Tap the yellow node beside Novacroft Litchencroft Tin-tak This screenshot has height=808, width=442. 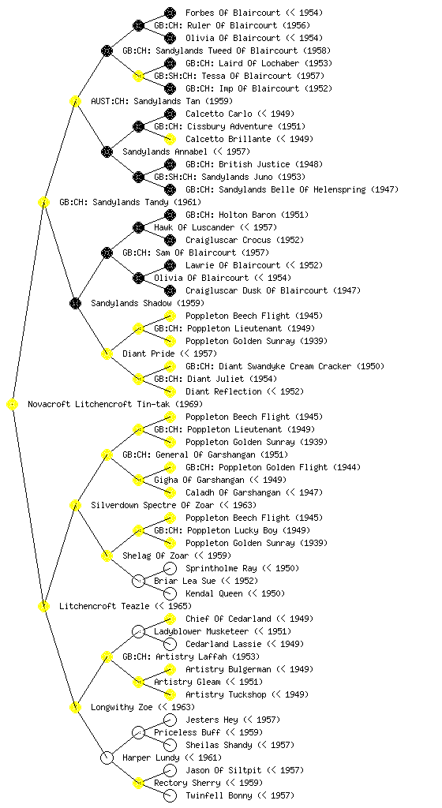coord(13,405)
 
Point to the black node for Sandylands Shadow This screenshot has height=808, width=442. coord(75,304)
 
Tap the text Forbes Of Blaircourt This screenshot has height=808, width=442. coord(233,13)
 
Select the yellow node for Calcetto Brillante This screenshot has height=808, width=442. coord(170,139)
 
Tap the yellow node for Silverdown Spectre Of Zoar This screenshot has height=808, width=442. coord(75,506)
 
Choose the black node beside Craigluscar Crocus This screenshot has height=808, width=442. coord(170,240)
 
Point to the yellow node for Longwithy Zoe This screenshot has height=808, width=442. coord(75,708)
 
